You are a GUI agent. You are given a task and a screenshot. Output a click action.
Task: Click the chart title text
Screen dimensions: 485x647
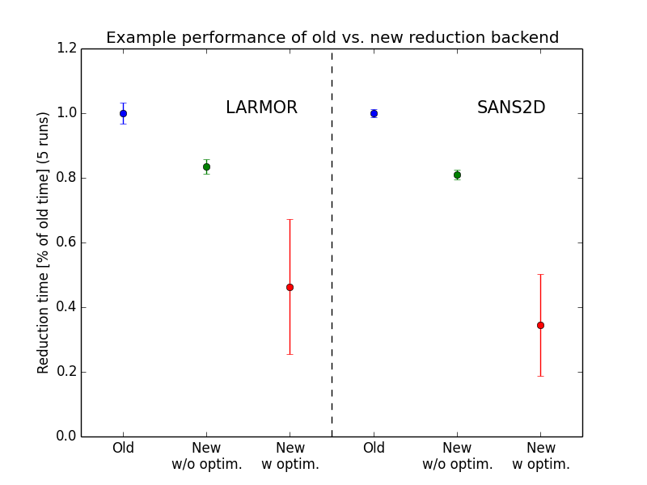[x=332, y=38]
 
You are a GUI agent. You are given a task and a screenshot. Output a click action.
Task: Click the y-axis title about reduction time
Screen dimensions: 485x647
[x=44, y=242]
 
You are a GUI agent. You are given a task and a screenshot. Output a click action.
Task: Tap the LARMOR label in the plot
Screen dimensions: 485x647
[x=261, y=108]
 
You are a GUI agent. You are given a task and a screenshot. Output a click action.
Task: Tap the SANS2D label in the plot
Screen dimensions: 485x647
[x=511, y=108]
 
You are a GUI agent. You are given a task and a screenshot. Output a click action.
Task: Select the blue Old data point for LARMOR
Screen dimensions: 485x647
[x=123, y=113]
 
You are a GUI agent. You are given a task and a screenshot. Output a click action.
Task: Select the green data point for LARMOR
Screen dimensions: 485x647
[x=206, y=167]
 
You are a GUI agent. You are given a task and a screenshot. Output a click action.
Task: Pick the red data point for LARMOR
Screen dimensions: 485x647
[x=290, y=287]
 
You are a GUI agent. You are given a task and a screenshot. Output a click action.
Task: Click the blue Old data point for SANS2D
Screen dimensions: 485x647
[x=374, y=113]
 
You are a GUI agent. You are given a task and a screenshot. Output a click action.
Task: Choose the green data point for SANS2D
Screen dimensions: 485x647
[x=457, y=175]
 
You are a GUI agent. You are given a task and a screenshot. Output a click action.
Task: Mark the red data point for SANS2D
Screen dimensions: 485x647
[x=540, y=325]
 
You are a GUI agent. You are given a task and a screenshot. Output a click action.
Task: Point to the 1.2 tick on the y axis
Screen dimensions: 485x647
[x=67, y=48]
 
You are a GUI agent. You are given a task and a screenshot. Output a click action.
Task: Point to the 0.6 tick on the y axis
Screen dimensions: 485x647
[x=67, y=242]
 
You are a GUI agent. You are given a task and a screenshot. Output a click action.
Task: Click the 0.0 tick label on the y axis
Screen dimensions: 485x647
[x=67, y=436]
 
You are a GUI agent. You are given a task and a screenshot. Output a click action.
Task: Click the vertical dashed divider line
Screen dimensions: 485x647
[x=332, y=242]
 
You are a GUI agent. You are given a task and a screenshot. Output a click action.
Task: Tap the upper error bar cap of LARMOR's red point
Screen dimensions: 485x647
[x=290, y=219]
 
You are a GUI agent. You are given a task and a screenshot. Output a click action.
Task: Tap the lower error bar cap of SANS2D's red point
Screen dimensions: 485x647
[x=540, y=376]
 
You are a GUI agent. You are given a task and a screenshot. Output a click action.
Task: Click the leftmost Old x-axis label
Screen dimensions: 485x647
[x=123, y=448]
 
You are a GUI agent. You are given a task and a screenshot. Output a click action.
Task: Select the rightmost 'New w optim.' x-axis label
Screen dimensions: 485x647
[x=540, y=456]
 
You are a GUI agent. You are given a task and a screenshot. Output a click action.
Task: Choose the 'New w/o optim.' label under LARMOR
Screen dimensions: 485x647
[x=206, y=456]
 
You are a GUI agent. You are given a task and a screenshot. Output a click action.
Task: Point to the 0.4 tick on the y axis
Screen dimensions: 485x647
[x=67, y=307]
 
